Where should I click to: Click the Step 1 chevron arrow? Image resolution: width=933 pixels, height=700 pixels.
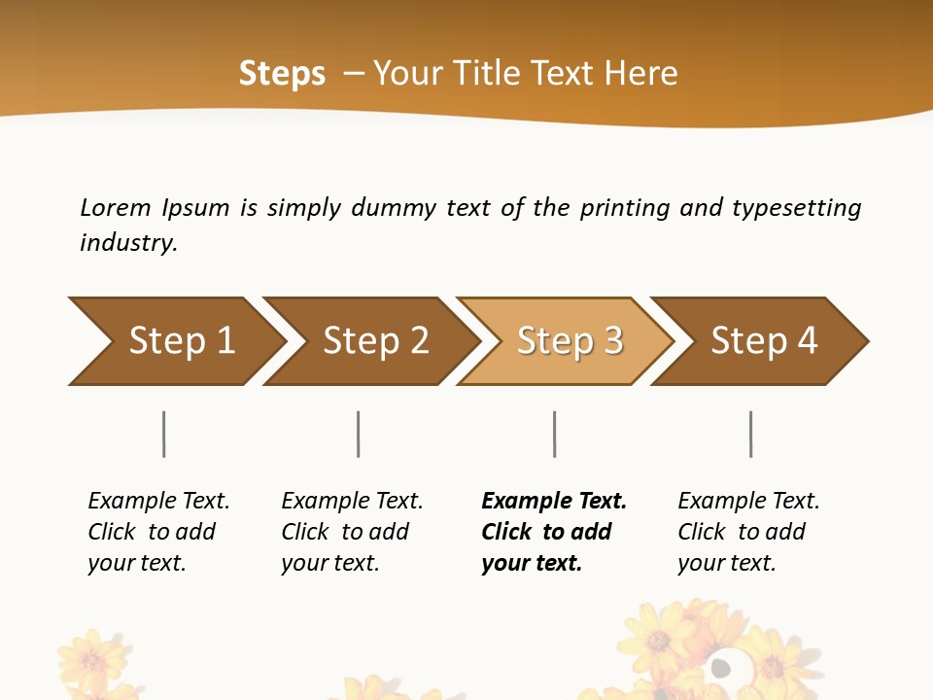[175, 341]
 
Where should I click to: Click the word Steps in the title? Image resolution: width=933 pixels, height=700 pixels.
[282, 74]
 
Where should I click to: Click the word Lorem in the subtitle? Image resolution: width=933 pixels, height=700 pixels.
[115, 207]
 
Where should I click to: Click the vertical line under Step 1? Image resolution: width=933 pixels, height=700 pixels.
[164, 434]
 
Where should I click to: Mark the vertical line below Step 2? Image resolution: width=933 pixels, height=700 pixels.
[359, 434]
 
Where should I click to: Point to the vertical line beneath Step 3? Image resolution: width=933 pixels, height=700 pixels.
[555, 434]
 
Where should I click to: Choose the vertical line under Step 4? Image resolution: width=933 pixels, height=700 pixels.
[751, 434]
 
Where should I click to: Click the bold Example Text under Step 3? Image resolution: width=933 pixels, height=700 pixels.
[554, 502]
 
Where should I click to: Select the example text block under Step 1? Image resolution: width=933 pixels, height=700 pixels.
[158, 532]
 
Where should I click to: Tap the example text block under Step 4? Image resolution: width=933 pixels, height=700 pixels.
[748, 532]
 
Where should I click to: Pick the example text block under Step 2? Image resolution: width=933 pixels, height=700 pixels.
[352, 532]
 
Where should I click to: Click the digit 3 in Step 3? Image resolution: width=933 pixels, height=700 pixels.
[613, 341]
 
